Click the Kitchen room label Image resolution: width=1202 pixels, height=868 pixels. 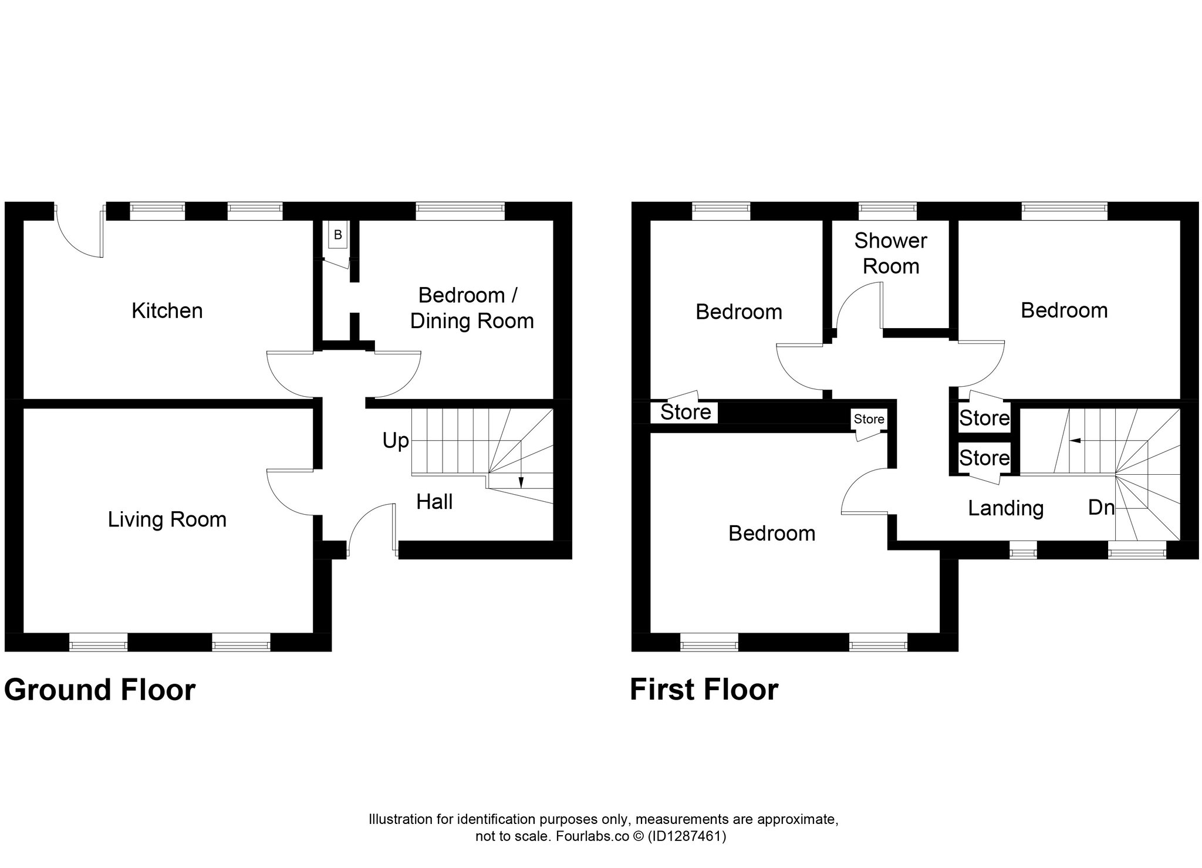tap(167, 310)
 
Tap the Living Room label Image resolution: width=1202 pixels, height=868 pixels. tap(167, 519)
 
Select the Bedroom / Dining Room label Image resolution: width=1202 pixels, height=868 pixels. tap(472, 308)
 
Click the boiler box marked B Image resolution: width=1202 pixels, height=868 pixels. tap(337, 235)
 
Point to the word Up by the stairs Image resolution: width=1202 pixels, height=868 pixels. tap(396, 441)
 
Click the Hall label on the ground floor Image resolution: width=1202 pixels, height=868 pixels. tap(434, 502)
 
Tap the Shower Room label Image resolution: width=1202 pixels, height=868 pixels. tap(890, 253)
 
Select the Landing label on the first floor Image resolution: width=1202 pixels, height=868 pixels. tap(1005, 508)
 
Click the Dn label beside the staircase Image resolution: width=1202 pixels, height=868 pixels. tap(1101, 508)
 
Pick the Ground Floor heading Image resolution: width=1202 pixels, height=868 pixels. tap(100, 690)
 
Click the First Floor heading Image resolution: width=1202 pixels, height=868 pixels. tap(704, 690)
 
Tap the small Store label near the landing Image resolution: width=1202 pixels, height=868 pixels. tap(869, 419)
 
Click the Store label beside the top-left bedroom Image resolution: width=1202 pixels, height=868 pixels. tap(686, 412)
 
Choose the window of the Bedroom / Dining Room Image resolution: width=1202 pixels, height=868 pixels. tap(460, 211)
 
